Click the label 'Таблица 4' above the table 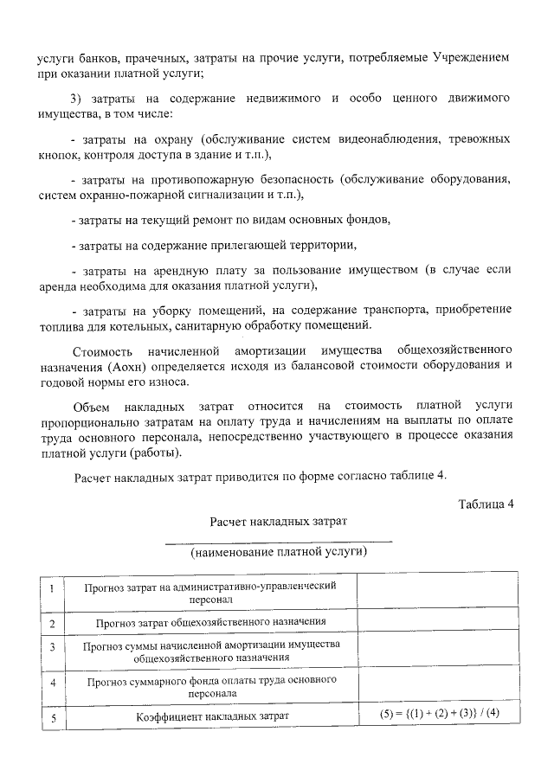click(486, 505)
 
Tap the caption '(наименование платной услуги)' click(279, 551)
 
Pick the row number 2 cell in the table click(52, 623)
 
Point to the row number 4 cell click(52, 685)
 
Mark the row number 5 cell click(52, 716)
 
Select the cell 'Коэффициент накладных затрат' click(211, 716)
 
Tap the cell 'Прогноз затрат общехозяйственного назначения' click(211, 623)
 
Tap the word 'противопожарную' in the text click(200, 180)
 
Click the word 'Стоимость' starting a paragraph click(101, 350)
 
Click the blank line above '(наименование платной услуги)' click(279, 541)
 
